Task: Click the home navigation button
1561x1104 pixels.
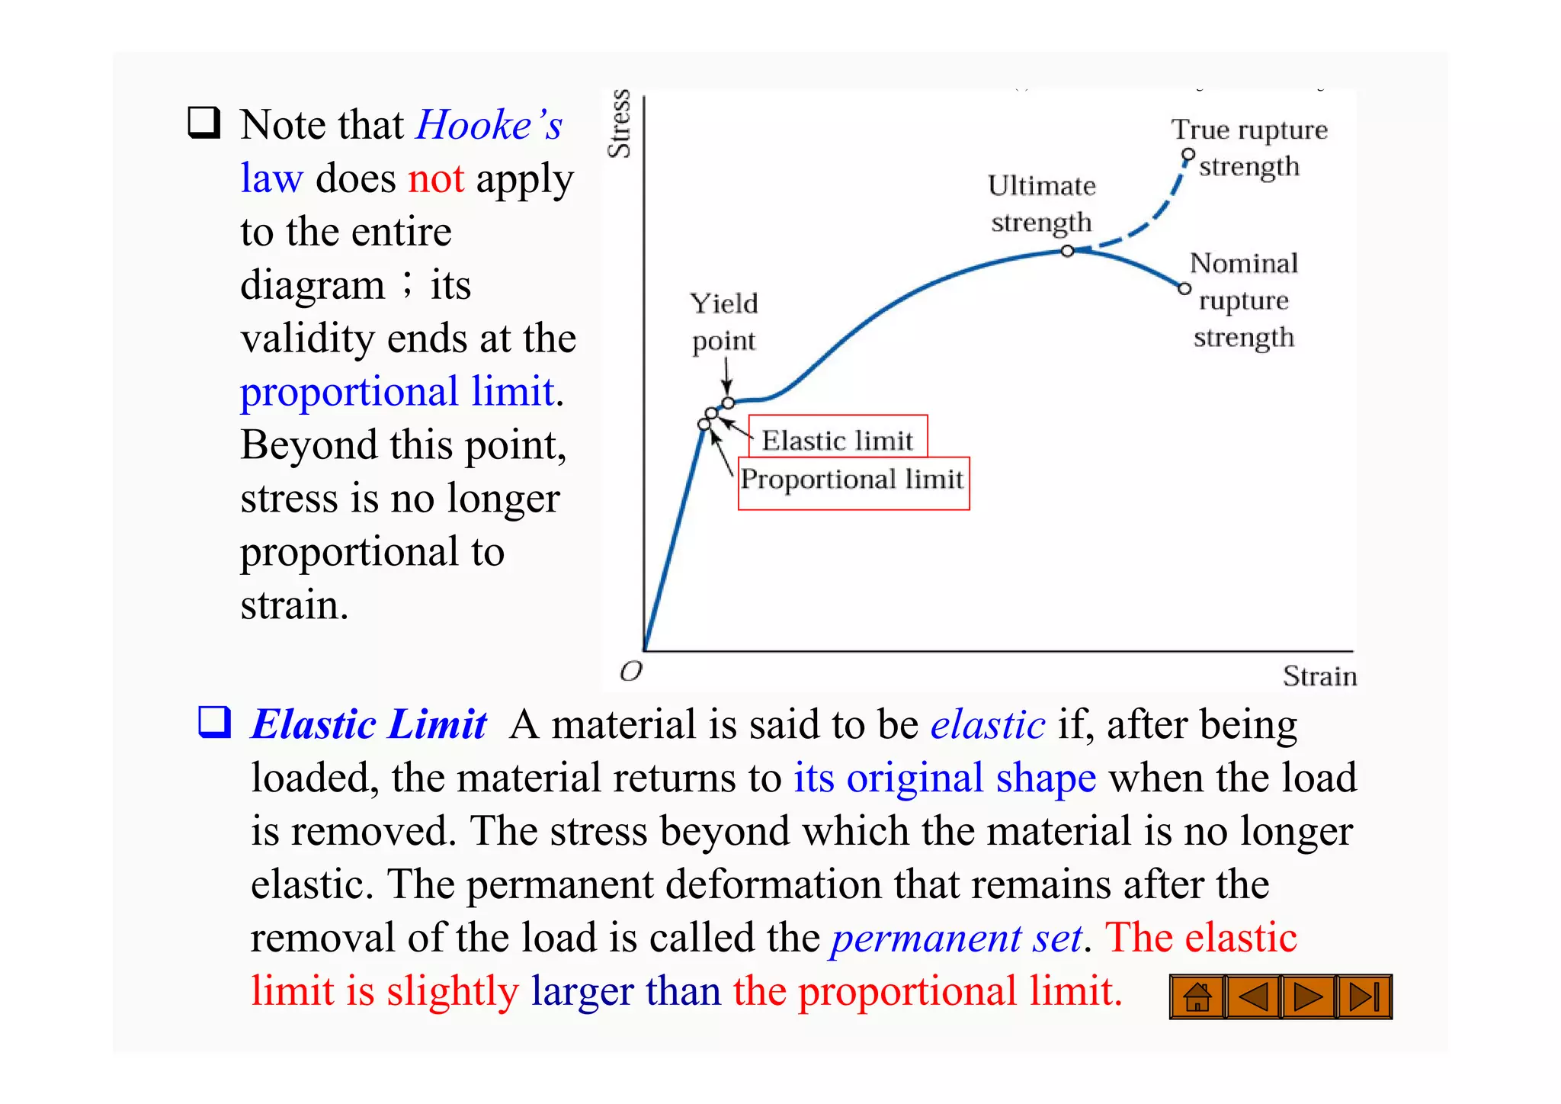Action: tap(1197, 996)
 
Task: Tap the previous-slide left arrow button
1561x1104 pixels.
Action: tap(1253, 996)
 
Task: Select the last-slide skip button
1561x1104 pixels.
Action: tap(1364, 996)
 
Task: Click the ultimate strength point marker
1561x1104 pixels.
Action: tap(1068, 251)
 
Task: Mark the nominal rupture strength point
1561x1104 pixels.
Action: tap(1184, 288)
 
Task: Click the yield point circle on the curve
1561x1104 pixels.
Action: tap(728, 403)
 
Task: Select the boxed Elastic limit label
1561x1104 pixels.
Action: tap(838, 440)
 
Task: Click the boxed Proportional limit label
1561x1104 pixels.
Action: tap(853, 480)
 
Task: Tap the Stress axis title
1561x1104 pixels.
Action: tap(620, 124)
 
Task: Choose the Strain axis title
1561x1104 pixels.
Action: tap(1319, 676)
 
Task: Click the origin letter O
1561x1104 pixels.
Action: tap(631, 672)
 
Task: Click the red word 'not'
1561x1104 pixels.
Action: tap(436, 179)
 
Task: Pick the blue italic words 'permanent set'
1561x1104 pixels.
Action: tap(957, 938)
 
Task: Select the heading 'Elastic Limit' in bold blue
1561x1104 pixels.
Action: tap(369, 724)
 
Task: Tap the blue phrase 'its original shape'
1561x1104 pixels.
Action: tap(944, 778)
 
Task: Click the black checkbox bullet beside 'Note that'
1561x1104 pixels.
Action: tap(204, 123)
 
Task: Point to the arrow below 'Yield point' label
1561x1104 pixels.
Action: tap(726, 376)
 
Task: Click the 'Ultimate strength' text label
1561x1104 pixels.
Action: tap(1041, 204)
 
